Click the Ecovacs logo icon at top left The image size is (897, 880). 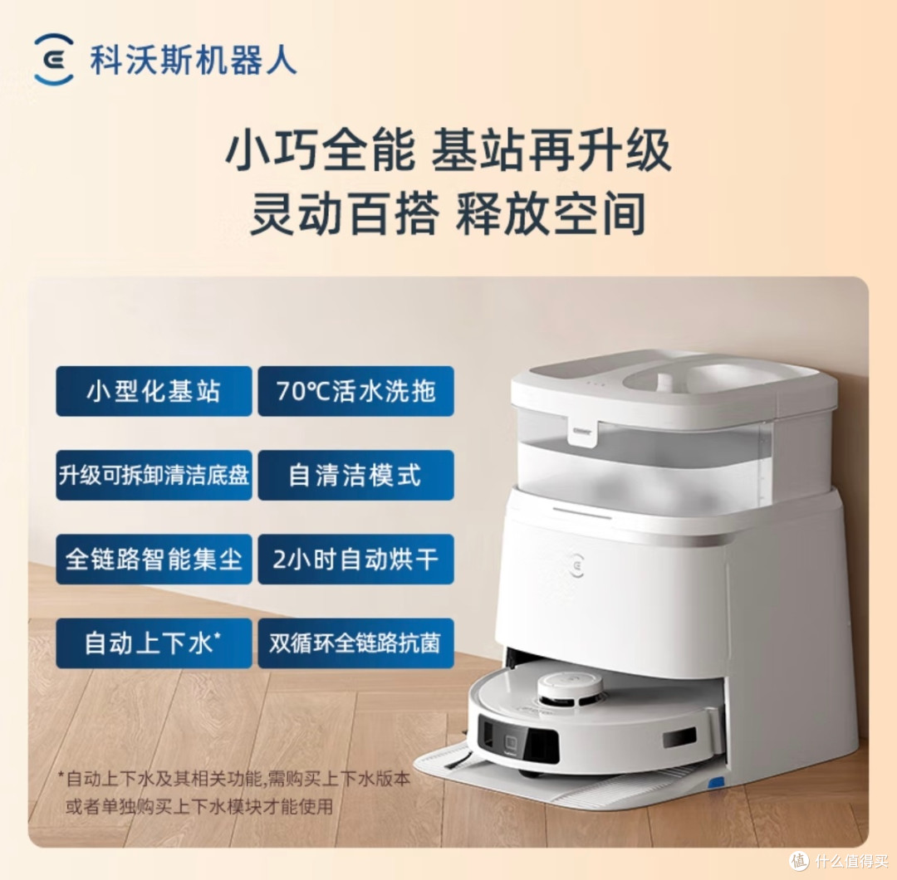pos(54,59)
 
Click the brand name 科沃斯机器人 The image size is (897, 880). pos(194,60)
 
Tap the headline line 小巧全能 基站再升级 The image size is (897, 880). pos(448,149)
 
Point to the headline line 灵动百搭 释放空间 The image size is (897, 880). pos(448,213)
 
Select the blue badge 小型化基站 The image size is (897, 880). pos(154,391)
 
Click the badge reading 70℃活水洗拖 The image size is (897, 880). pos(355,391)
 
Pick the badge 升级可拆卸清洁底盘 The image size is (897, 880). pos(154,475)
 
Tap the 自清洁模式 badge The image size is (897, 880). pos(355,475)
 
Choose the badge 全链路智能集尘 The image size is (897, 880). pos(154,560)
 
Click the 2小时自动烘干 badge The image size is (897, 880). pos(355,560)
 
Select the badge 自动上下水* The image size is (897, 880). pos(154,643)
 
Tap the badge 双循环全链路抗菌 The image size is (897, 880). pos(355,643)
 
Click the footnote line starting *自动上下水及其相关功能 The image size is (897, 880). pos(234,778)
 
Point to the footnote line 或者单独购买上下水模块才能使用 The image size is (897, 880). pos(199,806)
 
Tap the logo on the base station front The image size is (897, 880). pos(576,564)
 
